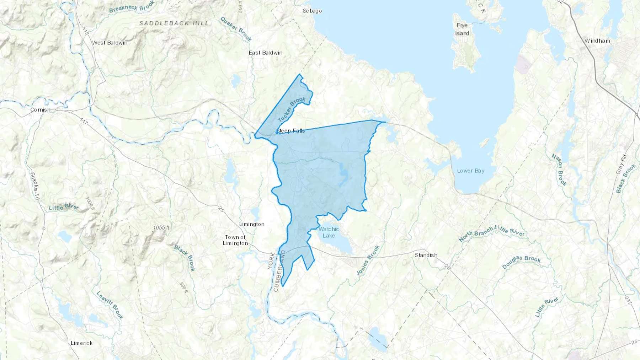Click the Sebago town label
click(312, 11)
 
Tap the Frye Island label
click(462, 29)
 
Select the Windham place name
click(597, 41)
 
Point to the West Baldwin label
click(110, 43)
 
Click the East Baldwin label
click(265, 53)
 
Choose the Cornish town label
click(40, 109)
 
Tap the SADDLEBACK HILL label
click(174, 23)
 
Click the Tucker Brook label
click(291, 109)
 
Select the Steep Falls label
click(291, 131)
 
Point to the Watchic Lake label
click(329, 232)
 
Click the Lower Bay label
click(470, 171)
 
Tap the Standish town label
click(426, 255)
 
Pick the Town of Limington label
click(235, 240)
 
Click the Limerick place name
click(81, 343)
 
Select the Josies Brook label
click(368, 260)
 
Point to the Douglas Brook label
click(521, 262)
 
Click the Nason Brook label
click(559, 170)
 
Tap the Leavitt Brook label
click(110, 305)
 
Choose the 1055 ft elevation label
click(161, 227)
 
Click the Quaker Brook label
click(236, 29)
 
